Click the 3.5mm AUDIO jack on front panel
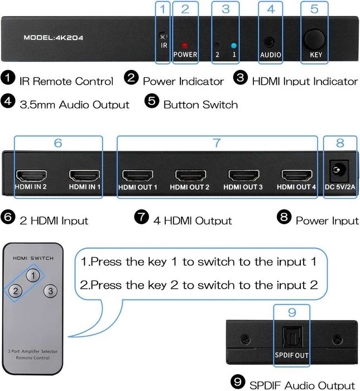click(270, 42)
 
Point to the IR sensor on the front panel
click(163, 36)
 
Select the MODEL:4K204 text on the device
click(54, 38)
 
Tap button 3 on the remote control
click(50, 291)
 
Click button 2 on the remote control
click(17, 291)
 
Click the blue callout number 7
click(217, 143)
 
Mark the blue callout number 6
click(57, 143)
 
